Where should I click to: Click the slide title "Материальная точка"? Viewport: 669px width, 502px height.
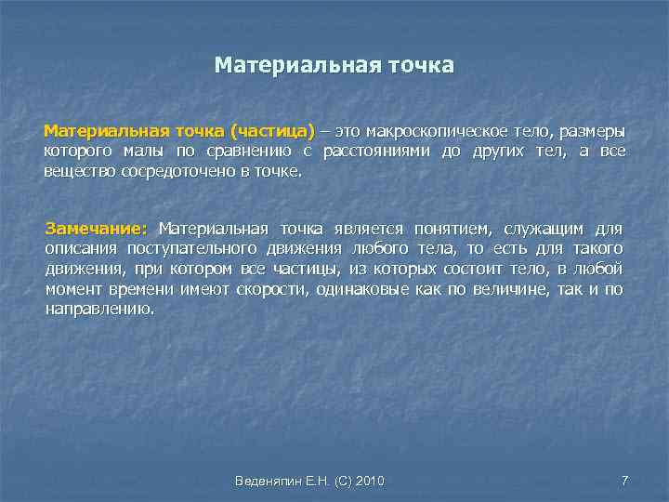pyautogui.click(x=334, y=65)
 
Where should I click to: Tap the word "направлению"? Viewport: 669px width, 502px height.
pyautogui.click(x=99, y=310)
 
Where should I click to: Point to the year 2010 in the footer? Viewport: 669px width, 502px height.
pyautogui.click(x=369, y=481)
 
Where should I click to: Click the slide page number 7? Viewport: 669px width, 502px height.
pyautogui.click(x=624, y=481)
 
